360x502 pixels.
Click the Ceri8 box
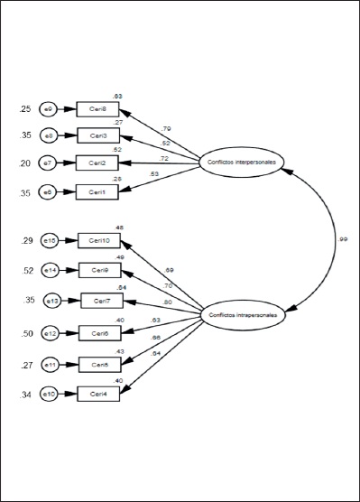click(98, 109)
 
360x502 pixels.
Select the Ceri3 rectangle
click(98, 135)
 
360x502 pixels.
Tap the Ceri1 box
click(98, 191)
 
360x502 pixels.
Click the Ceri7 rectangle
click(101, 301)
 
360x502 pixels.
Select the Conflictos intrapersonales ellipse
click(243, 315)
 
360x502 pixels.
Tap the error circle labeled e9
click(51, 109)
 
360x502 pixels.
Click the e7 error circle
click(51, 163)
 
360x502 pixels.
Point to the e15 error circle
click(51, 241)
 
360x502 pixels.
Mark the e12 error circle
click(51, 334)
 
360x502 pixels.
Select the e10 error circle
click(51, 394)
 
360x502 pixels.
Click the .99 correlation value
click(344, 239)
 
